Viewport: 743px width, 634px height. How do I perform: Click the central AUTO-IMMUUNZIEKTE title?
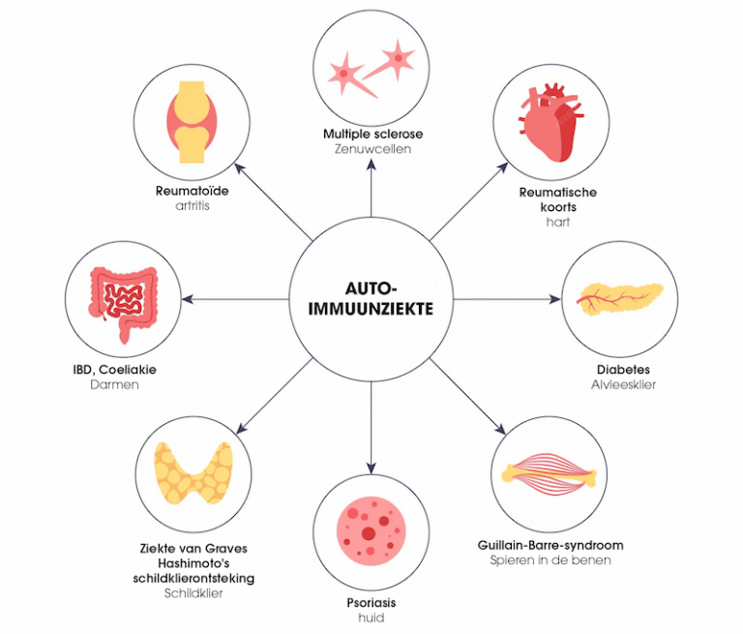(371, 298)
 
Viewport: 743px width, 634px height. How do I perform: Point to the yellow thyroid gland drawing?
(193, 472)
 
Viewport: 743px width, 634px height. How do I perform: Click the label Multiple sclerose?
(372, 133)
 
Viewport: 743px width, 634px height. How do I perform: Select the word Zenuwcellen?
(372, 149)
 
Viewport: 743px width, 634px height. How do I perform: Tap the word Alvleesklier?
(623, 384)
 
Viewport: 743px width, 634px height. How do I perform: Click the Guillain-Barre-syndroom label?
(550, 545)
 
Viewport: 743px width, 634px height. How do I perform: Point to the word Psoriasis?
(371, 601)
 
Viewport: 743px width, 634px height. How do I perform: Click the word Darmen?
(116, 384)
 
